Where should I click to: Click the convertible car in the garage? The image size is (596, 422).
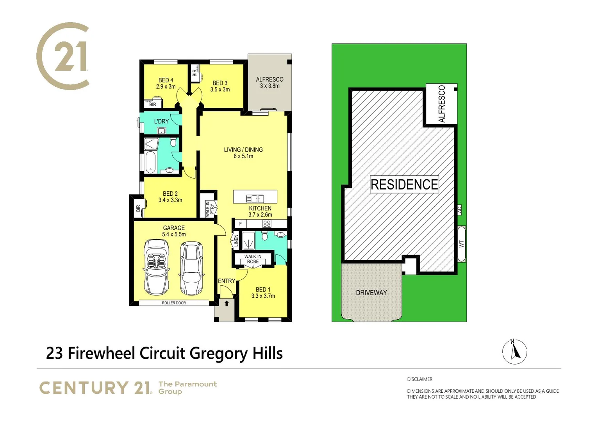[x=157, y=267]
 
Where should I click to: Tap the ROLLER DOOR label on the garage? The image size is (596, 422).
[x=174, y=303]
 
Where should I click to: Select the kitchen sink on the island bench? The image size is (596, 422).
[x=255, y=198]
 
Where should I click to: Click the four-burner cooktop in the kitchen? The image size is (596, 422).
[x=267, y=224]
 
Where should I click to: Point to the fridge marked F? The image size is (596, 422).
[x=241, y=224]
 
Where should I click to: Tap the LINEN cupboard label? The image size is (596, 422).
[x=236, y=241]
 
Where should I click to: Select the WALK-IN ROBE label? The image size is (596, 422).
[x=253, y=259]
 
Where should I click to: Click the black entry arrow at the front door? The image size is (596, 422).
[x=227, y=303]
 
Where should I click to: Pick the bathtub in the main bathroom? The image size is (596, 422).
[x=150, y=162]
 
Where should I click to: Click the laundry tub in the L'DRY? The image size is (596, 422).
[x=162, y=131]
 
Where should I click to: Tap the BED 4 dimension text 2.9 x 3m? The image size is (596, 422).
[x=166, y=87]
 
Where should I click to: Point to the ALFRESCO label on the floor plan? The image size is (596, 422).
[x=269, y=79]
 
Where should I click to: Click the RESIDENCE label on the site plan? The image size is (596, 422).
[x=404, y=184]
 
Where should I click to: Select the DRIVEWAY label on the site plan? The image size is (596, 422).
[x=371, y=293]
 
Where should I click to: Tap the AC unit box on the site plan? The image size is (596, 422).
[x=459, y=210]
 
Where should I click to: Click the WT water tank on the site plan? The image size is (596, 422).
[x=461, y=244]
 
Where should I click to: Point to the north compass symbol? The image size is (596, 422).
[x=514, y=352]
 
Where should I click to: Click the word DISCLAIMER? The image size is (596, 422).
[x=419, y=379]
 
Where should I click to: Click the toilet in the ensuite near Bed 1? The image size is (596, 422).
[x=264, y=236]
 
